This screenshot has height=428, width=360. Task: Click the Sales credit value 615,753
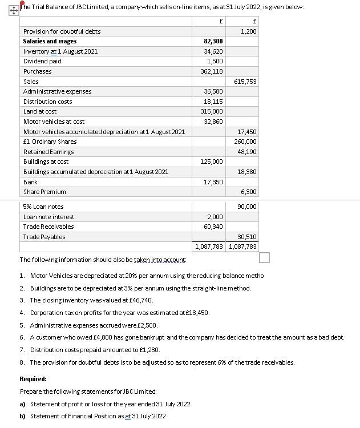245,82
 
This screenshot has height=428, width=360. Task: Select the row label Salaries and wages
50,42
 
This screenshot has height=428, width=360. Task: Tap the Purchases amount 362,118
213,71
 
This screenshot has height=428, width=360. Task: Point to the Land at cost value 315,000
213,112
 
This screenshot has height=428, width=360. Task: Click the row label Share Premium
45,192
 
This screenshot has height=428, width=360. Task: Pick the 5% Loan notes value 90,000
246,207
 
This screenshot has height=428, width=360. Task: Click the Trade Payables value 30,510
246,237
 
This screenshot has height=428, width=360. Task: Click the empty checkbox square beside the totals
264,259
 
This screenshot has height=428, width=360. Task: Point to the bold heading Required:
33,379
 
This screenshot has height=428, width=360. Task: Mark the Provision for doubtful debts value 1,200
248,31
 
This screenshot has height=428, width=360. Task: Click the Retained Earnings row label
48,152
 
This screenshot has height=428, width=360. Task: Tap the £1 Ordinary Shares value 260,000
245,142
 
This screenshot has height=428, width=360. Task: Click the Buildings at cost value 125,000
213,162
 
